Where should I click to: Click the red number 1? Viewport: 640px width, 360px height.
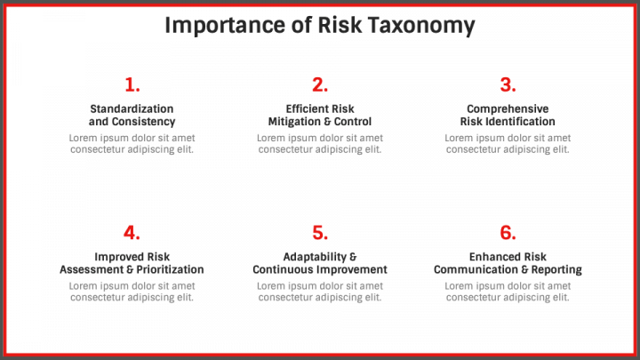click(x=132, y=85)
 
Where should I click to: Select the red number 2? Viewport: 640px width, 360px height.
click(x=320, y=85)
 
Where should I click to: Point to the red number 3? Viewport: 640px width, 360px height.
click(x=508, y=85)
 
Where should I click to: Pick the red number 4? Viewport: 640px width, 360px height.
click(x=132, y=233)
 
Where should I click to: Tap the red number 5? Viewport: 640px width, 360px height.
click(x=320, y=233)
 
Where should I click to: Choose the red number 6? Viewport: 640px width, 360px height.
click(x=508, y=233)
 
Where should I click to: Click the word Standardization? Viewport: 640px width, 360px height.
click(x=132, y=109)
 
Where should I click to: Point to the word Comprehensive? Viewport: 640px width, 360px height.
click(x=508, y=109)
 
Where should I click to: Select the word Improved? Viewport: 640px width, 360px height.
click(x=118, y=257)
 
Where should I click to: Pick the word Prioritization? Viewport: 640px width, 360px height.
click(x=166, y=269)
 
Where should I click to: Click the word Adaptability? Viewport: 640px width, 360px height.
click(x=312, y=257)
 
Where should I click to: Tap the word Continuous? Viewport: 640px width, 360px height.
click(x=284, y=269)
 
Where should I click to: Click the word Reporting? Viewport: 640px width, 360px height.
click(x=556, y=269)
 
